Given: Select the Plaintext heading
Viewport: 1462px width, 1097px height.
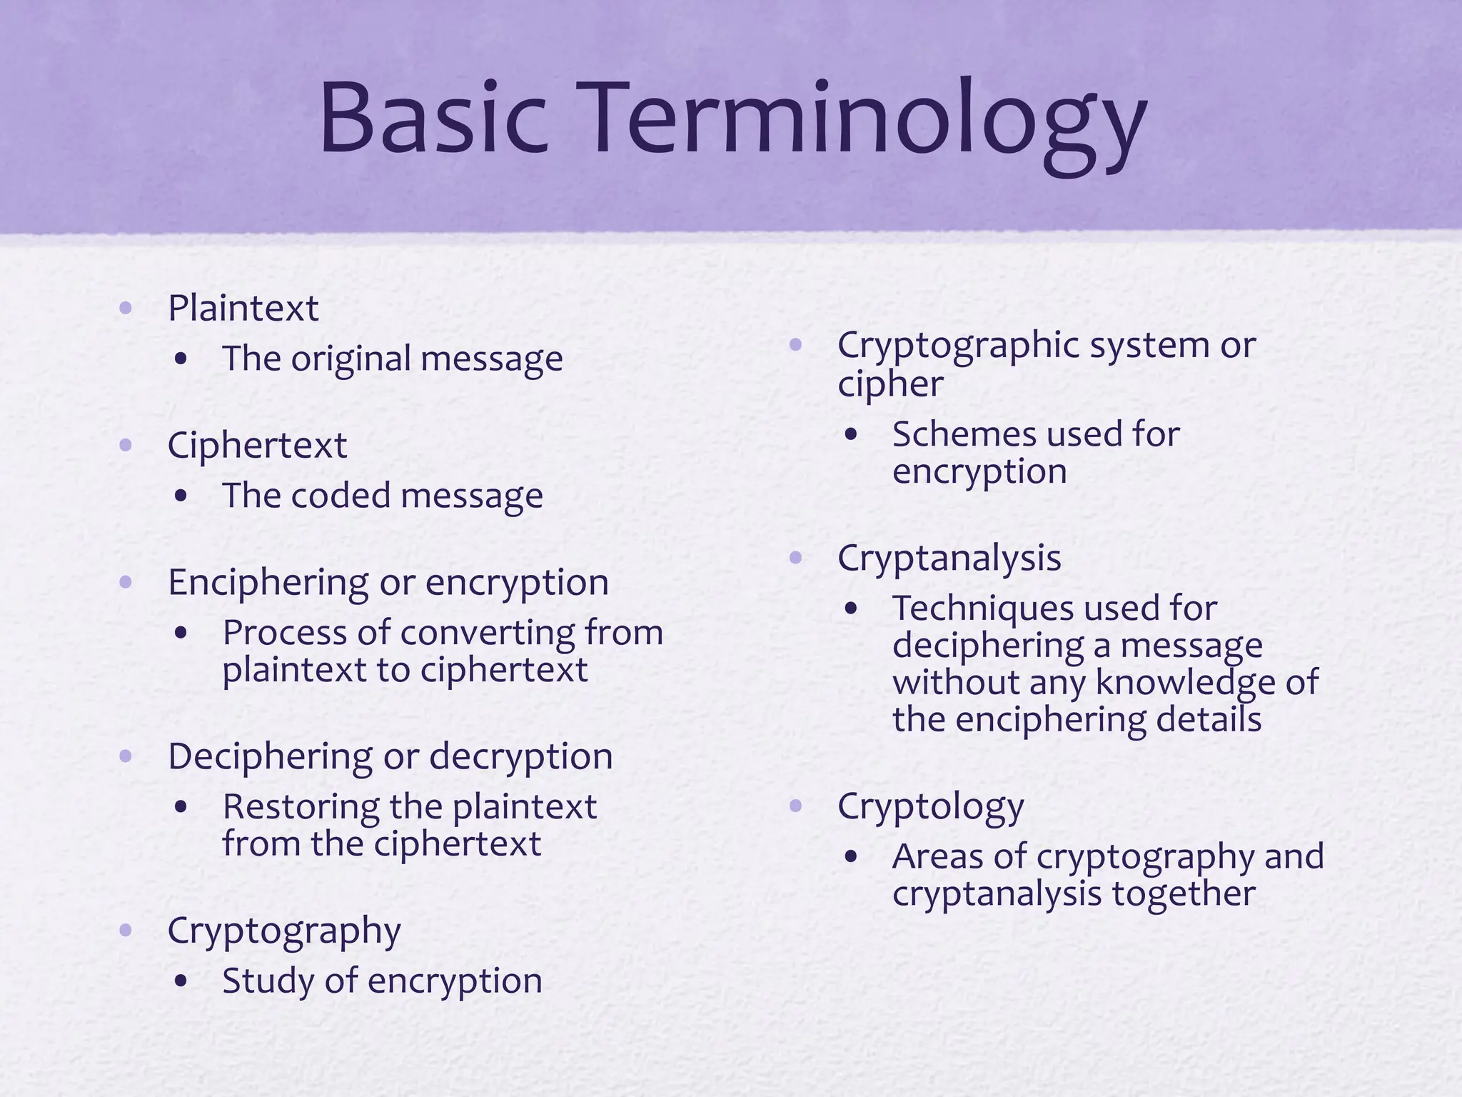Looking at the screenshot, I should click(243, 309).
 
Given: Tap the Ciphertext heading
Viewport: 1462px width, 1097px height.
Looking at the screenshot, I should click(257, 446).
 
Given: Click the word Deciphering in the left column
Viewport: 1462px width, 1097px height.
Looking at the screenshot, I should click(270, 757).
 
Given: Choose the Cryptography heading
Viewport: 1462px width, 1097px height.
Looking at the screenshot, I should click(284, 931).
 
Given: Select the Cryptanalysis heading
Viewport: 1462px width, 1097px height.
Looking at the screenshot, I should click(949, 558).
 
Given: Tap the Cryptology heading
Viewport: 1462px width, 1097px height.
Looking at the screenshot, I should click(930, 807).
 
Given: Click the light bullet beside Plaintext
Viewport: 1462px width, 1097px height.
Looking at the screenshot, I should click(126, 309).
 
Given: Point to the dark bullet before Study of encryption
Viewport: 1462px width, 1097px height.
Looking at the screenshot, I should click(181, 982).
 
